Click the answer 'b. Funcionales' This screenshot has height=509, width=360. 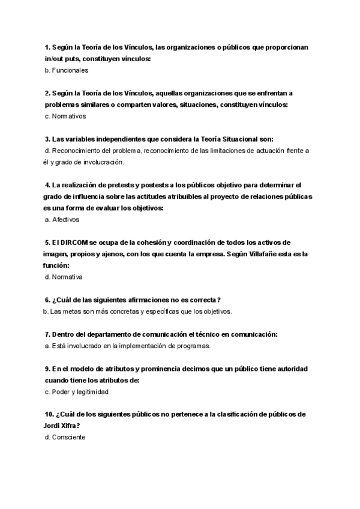tap(67, 70)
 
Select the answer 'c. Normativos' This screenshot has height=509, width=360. tap(65, 116)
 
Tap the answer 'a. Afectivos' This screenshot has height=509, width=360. tap(62, 220)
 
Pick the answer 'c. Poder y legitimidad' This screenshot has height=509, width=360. tap(76, 392)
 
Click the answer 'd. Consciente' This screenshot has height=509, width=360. tap(65, 438)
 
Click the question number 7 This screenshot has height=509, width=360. tap(47, 334)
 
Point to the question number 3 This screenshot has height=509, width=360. tap(47, 139)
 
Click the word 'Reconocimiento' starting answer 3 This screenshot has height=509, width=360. tap(79, 151)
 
